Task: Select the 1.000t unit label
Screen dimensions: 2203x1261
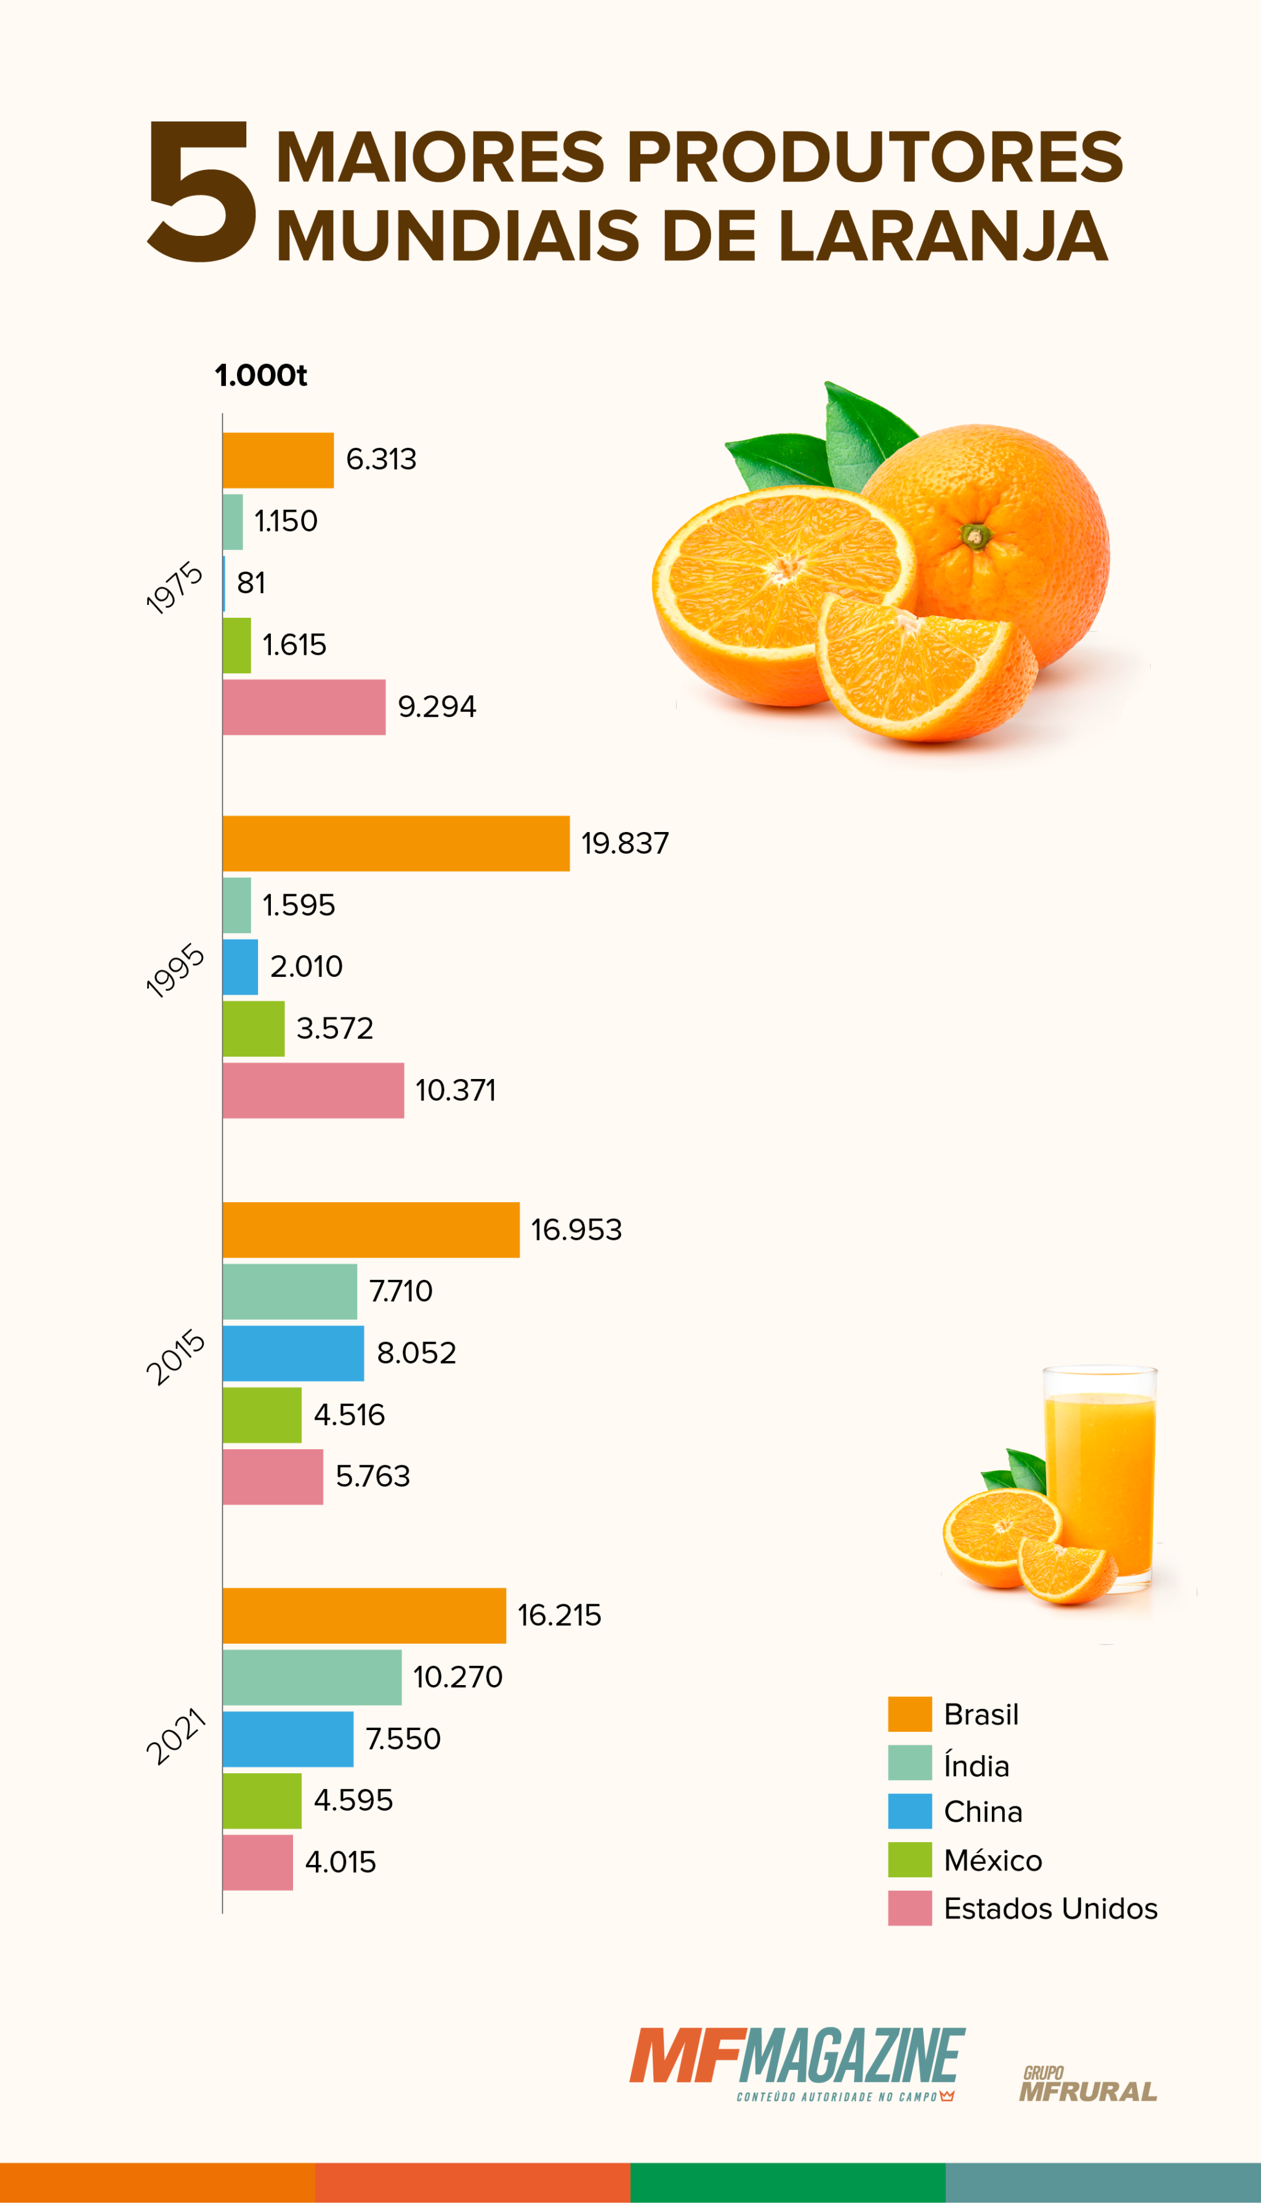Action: pos(260,375)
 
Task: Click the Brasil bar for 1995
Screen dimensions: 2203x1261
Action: pos(396,843)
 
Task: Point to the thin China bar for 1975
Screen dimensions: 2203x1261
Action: pos(224,583)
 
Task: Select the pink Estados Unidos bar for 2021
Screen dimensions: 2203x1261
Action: pos(257,1862)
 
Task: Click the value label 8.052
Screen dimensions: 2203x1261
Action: pos(416,1353)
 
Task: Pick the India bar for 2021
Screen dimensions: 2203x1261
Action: pos(312,1677)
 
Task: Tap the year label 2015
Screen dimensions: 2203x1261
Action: pos(176,1357)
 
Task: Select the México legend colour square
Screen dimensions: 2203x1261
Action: pos(909,1859)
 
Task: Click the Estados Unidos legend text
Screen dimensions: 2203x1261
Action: pos(1050,1909)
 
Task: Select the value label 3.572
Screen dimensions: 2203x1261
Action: pos(334,1029)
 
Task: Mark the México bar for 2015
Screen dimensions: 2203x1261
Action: pos(262,1415)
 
